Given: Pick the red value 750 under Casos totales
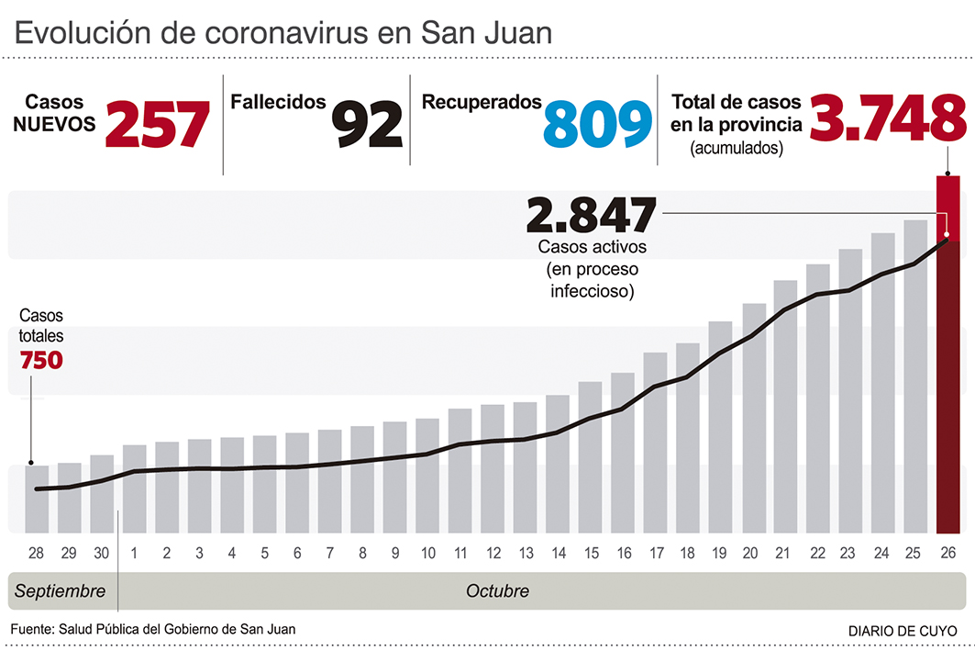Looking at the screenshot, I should (x=41, y=360).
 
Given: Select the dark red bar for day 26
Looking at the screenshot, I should (x=947, y=386).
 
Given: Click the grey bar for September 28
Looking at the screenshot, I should (x=37, y=499).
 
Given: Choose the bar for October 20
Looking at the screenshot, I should (x=754, y=418).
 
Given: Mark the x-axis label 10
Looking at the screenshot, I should (x=427, y=554).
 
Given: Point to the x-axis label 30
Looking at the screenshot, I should (x=102, y=554).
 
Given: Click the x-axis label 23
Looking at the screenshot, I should (x=849, y=554).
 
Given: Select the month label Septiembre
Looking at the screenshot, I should (x=60, y=590).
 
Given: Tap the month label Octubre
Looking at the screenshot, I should (x=497, y=590).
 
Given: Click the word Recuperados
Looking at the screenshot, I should (x=482, y=102).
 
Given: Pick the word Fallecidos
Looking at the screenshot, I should (x=278, y=102).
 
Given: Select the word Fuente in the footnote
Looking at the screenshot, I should (x=33, y=629).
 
